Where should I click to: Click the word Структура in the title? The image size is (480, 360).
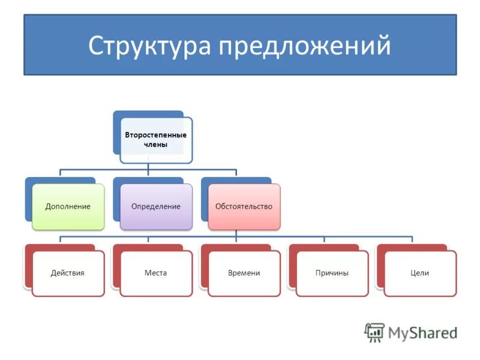150,46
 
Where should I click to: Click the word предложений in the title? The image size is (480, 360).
305,46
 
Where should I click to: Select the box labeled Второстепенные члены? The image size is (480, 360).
156,140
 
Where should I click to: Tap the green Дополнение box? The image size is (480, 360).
68,206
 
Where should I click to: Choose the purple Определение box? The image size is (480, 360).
156,206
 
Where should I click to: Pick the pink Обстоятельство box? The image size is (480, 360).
244,206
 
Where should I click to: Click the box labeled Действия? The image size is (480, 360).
68,273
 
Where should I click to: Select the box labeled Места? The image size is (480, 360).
156,273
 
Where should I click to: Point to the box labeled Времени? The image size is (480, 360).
244,273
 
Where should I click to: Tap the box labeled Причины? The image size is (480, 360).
332,273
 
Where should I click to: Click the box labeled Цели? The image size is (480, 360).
420,273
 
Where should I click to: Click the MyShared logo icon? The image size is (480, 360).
374,332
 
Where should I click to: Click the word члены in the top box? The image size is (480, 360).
156,145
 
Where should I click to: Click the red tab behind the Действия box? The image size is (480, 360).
60,247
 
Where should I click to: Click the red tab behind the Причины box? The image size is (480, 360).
324,247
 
